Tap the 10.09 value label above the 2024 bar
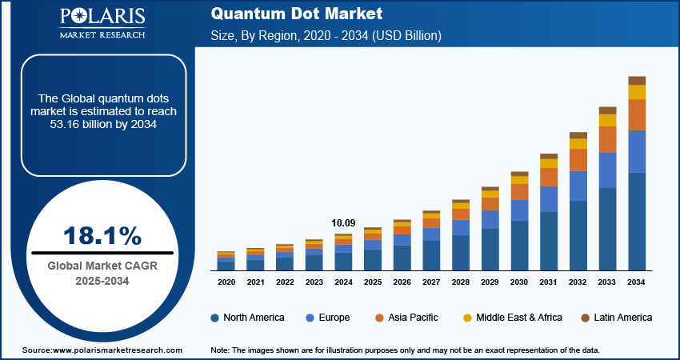pyautogui.click(x=343, y=223)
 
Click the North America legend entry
pyautogui.click(x=247, y=318)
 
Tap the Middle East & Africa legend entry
pyautogui.click(x=512, y=318)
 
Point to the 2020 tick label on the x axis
pyautogui.click(x=226, y=282)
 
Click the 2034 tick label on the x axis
pyautogui.click(x=637, y=282)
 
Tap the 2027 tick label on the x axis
pyautogui.click(x=431, y=282)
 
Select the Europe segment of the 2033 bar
pyautogui.click(x=607, y=170)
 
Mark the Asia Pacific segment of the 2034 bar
pyautogui.click(x=637, y=115)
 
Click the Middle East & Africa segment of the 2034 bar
pyautogui.click(x=637, y=92)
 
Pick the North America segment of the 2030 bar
pyautogui.click(x=519, y=245)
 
